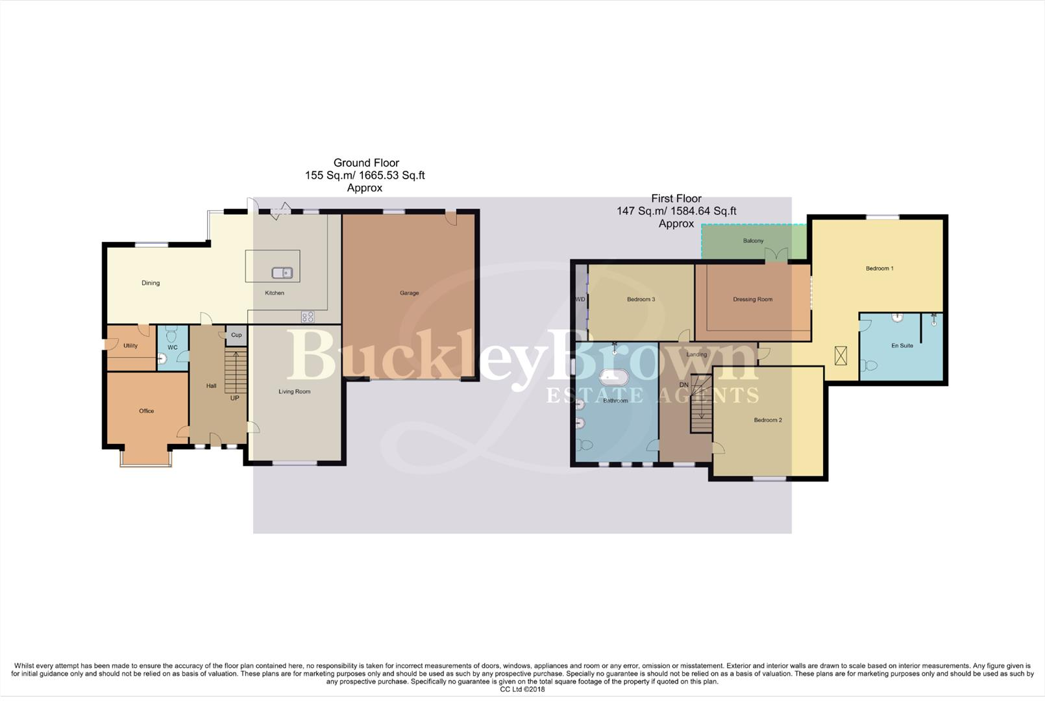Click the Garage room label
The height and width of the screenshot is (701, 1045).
[409, 293]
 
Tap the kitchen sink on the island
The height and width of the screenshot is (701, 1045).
[282, 273]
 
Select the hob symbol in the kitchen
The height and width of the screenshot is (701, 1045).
[308, 317]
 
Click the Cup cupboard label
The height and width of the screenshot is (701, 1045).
[236, 335]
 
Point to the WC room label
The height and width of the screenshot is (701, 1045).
[173, 347]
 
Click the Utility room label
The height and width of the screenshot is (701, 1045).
[130, 345]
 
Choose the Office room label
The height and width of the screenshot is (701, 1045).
[146, 411]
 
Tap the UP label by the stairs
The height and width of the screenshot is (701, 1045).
[234, 398]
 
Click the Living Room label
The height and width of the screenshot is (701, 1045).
[295, 391]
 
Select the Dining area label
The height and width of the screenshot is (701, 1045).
[151, 283]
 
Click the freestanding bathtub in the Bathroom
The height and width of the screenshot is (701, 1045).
[613, 378]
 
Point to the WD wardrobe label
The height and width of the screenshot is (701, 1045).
[580, 299]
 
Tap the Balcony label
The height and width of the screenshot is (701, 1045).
[753, 241]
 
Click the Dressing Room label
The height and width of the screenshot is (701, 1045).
[752, 299]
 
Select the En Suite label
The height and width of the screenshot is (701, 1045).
[902, 345]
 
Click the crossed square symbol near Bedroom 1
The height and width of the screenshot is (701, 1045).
[841, 355]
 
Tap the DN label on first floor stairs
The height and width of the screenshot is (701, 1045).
[683, 385]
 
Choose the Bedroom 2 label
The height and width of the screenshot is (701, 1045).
[767, 420]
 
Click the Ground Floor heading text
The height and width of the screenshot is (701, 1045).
[366, 163]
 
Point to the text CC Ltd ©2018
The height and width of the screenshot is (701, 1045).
[522, 689]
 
